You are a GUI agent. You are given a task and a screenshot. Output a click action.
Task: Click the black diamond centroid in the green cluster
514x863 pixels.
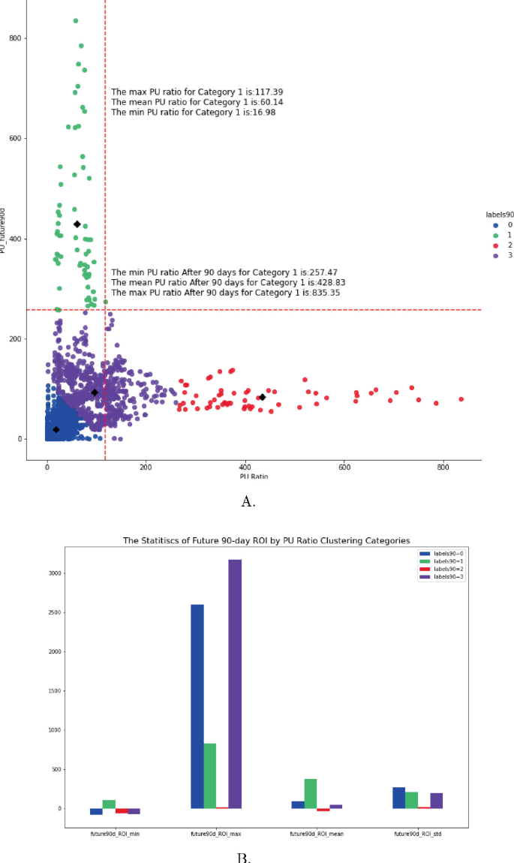click(77, 224)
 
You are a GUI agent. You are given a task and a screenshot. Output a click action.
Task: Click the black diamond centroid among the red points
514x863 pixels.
click(262, 397)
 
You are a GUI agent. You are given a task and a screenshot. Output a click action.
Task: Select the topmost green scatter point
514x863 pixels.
click(76, 21)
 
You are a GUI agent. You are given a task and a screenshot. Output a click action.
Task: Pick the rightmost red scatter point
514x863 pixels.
click(461, 399)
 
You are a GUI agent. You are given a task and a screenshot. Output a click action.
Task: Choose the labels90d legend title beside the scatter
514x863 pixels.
click(498, 215)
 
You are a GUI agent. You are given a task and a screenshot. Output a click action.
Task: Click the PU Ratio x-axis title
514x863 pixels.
click(254, 477)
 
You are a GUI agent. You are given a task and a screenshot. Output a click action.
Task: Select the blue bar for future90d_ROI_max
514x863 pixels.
click(197, 706)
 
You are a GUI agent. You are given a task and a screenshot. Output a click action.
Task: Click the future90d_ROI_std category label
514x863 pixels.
click(417, 834)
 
